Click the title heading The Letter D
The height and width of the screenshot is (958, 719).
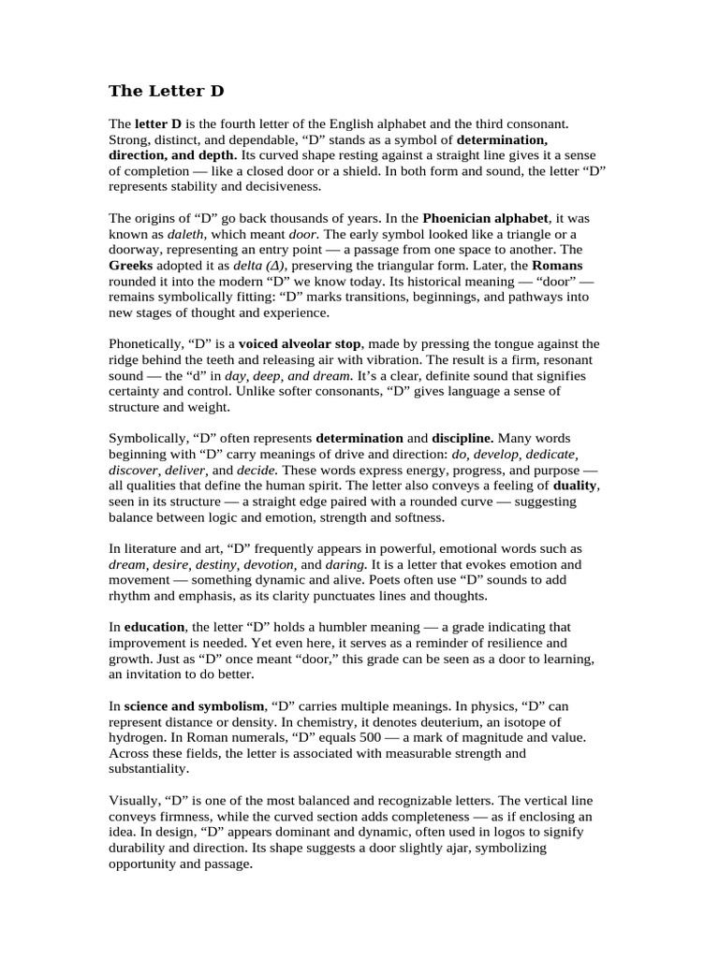(167, 91)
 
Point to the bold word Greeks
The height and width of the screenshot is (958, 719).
(132, 266)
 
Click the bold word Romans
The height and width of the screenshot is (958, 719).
(557, 266)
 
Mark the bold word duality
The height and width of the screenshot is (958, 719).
(575, 486)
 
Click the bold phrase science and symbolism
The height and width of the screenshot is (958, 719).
(194, 705)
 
